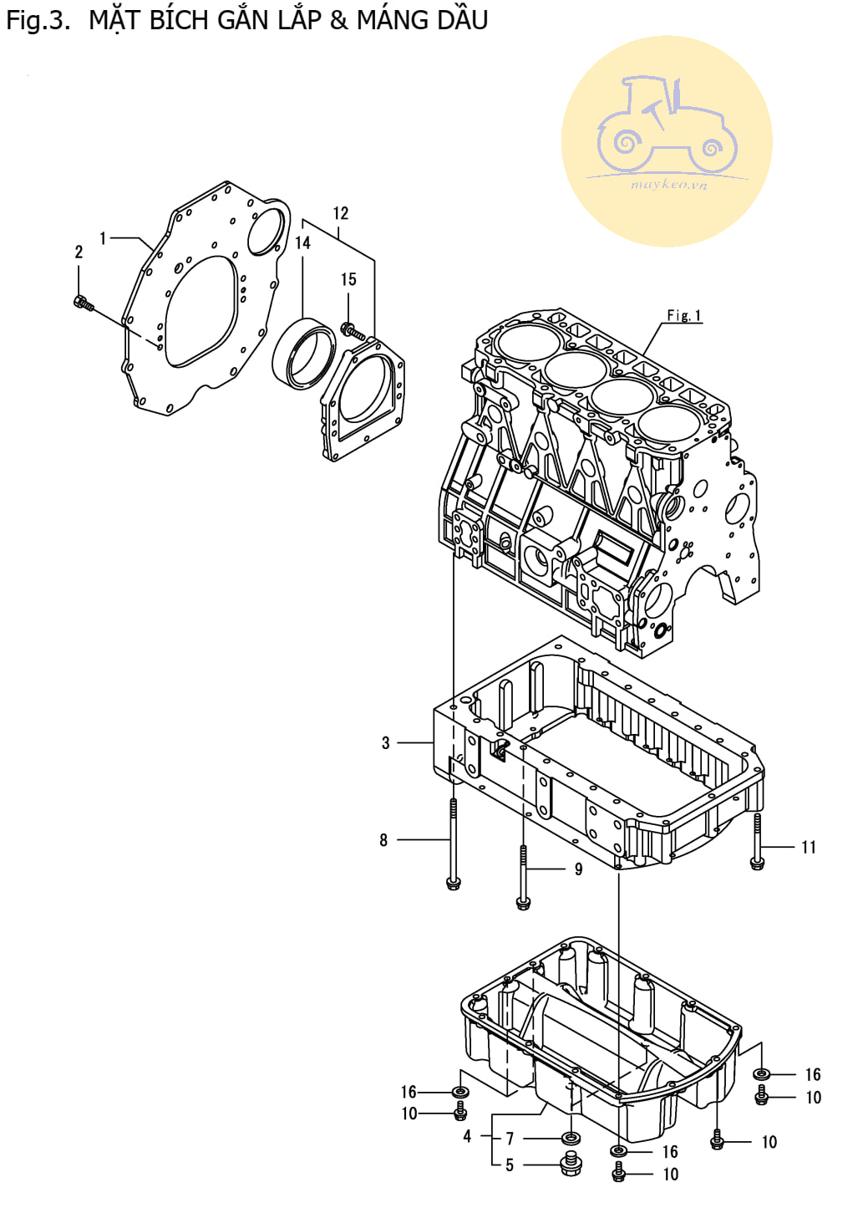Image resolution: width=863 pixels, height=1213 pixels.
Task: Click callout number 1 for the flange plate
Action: pos(103,238)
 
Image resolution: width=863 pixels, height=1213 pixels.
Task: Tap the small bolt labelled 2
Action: pos(83,303)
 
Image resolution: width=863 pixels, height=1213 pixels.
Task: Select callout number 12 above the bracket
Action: pos(340,213)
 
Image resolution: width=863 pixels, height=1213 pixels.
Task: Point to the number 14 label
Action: pos(302,242)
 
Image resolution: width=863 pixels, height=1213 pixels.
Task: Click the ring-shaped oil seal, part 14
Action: pos(303,353)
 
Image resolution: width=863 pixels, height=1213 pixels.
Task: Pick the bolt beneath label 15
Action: pos(353,330)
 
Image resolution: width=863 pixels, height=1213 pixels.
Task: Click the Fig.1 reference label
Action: pos(684,315)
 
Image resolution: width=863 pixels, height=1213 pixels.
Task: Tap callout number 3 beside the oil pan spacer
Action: pos(385,742)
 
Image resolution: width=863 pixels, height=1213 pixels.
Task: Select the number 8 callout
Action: pos(383,840)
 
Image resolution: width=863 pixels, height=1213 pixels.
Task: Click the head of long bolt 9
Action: pos(523,903)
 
